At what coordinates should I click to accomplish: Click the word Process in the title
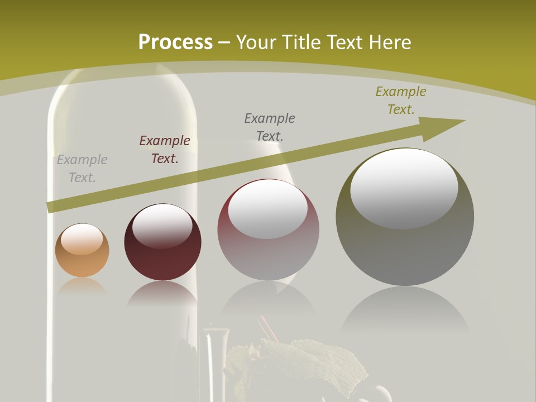(x=175, y=42)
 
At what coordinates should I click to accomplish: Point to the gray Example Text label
(x=82, y=169)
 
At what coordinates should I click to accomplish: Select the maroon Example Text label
(x=165, y=150)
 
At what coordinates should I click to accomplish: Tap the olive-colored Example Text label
(x=401, y=100)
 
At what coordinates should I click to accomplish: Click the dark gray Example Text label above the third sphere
(x=270, y=127)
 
